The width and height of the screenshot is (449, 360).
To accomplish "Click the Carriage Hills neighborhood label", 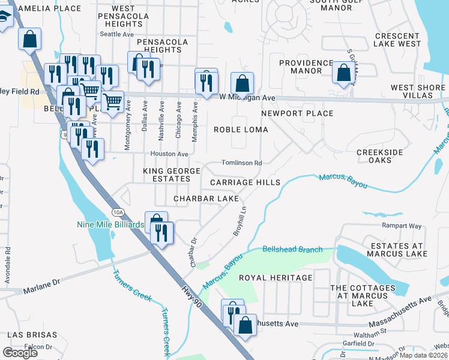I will pos(245,182).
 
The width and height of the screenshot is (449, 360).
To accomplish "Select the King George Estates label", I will pos(171,175).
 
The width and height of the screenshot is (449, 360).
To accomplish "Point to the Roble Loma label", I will pos(241,130).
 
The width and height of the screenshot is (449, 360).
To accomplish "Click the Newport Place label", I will pos(297,113).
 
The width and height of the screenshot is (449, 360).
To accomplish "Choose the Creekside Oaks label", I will pos(380,156).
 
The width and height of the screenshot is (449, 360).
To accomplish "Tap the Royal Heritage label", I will pos(276,278).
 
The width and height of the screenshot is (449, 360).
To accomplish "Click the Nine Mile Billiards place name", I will pos(110,225).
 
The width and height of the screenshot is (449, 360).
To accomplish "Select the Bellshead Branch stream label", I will pos(292,249).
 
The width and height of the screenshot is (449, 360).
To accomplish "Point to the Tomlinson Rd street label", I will pos(242,163).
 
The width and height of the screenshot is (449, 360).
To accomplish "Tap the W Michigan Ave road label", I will pos(247,97).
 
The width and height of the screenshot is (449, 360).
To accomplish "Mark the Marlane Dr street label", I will pos(42,290).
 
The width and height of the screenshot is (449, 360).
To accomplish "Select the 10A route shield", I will pos(118,212).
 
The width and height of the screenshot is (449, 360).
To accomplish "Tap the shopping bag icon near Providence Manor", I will pos(344,73).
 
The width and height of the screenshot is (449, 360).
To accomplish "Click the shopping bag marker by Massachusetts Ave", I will pos(245,325).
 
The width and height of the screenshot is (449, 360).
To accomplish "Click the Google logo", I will pos(20,353).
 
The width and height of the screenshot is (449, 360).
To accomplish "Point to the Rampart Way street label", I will pos(402,226).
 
